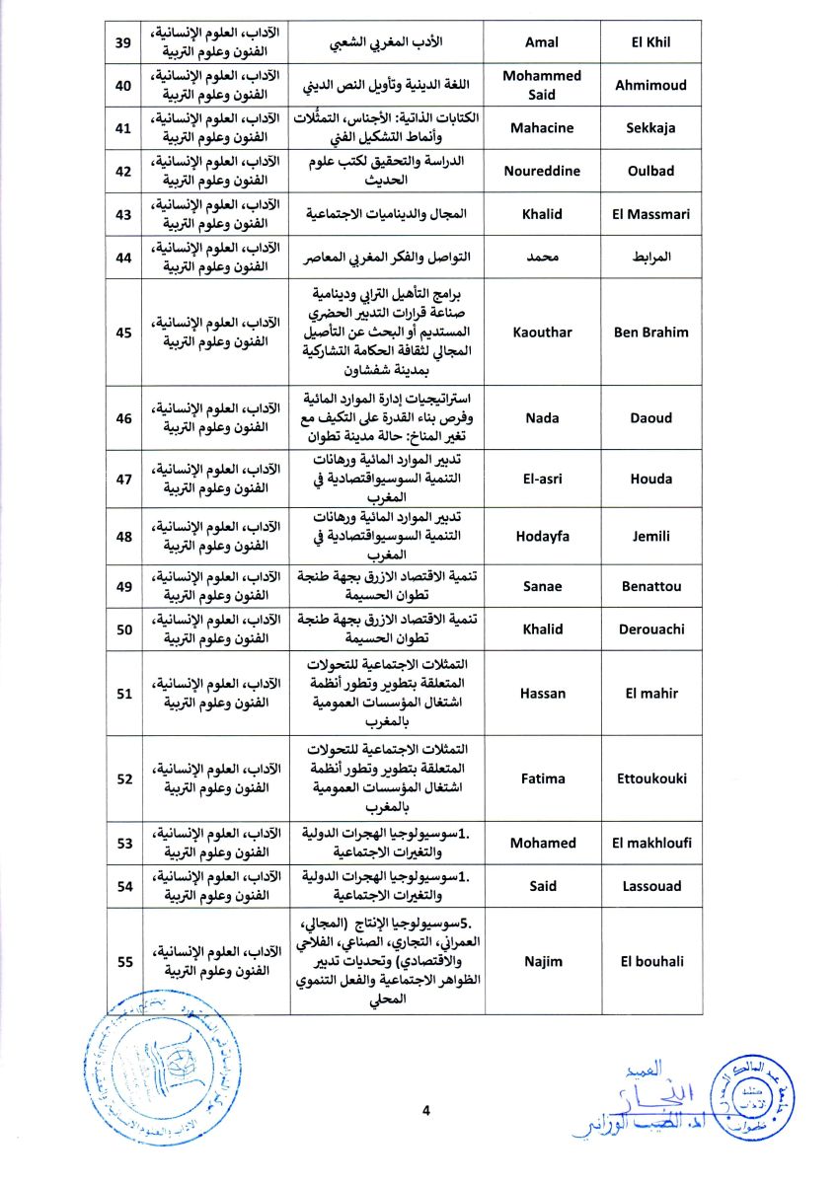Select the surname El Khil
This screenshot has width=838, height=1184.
coord(651,42)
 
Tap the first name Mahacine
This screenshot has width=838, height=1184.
coord(542,127)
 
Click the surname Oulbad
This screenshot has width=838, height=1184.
coord(651,171)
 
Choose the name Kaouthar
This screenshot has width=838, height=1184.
coord(542,333)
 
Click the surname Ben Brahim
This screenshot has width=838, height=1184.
coord(651,333)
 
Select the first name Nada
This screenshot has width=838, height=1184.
coord(542,418)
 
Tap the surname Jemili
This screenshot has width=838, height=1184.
coord(651,536)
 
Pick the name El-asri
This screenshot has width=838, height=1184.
coord(542,479)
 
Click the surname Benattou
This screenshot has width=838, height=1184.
coord(651,586)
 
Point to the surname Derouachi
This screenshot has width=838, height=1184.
coord(651,629)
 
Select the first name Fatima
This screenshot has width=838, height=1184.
coord(542,778)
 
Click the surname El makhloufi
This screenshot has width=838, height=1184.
coord(651,843)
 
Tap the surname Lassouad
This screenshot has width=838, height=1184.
coord(651,886)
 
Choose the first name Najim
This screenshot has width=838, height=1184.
coord(542,961)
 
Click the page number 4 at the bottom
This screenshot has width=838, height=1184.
coord(426,1111)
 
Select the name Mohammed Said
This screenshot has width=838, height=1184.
coord(542,85)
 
